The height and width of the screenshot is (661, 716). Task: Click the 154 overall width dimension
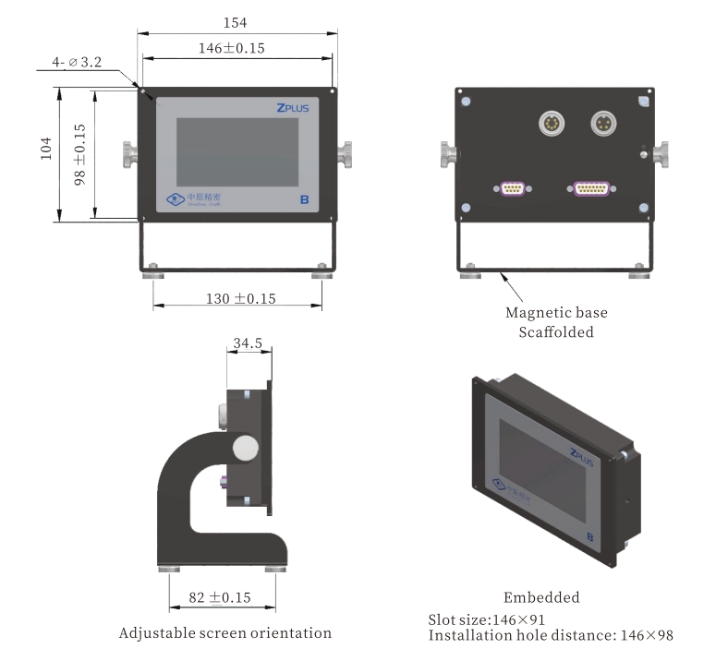tap(237, 20)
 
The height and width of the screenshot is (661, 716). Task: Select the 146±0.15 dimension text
tap(234, 48)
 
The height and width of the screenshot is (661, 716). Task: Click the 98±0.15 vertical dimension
tap(80, 155)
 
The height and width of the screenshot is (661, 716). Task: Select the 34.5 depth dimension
tap(248, 343)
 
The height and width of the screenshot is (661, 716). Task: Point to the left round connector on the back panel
tap(551, 123)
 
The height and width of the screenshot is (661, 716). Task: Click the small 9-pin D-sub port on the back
tap(514, 189)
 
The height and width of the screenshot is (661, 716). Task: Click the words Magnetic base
tap(556, 313)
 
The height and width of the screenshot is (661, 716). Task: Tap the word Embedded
tap(541, 597)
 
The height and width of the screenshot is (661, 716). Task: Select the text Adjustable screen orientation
tap(225, 633)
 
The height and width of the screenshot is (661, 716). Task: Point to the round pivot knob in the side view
tap(247, 448)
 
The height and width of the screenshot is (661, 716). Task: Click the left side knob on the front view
tap(128, 153)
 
